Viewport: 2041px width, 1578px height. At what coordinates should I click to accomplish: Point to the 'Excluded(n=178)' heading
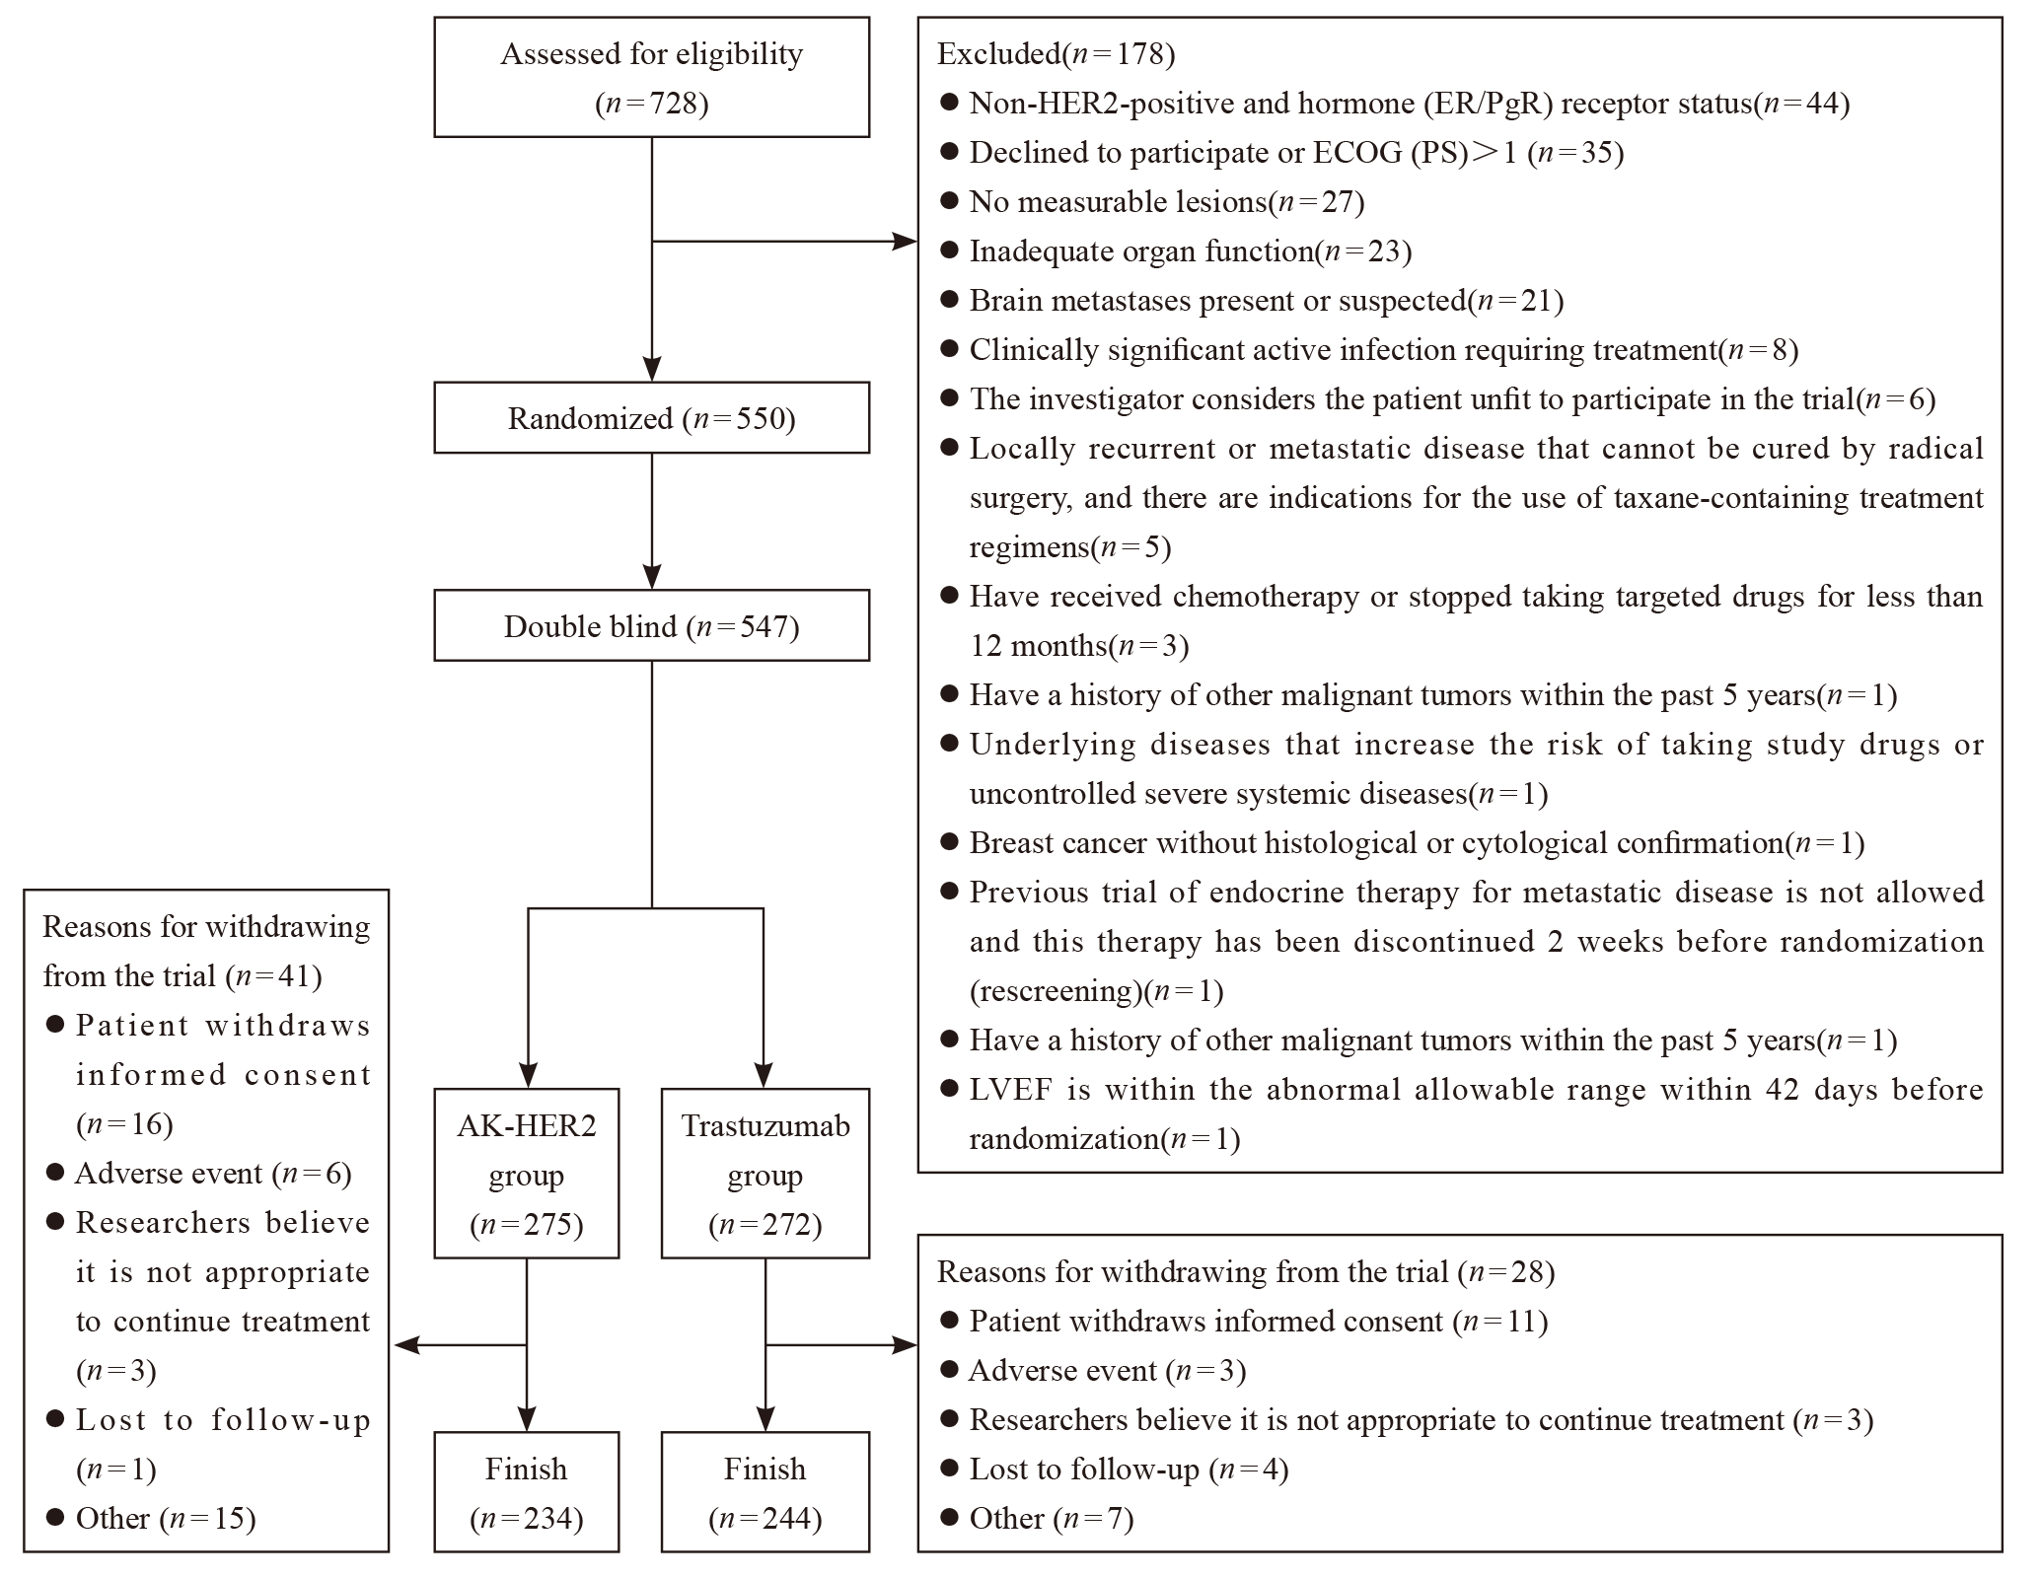pos(1056,53)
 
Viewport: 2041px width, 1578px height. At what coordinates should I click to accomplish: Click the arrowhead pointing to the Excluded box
pos(905,241)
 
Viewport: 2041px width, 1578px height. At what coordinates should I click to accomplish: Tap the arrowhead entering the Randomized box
pos(652,369)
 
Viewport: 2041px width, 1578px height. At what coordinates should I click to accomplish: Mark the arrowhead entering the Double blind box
pos(652,577)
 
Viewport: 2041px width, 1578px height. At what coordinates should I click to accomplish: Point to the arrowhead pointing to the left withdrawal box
pos(406,1344)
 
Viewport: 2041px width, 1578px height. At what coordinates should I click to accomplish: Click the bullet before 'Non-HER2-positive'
pos(950,103)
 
